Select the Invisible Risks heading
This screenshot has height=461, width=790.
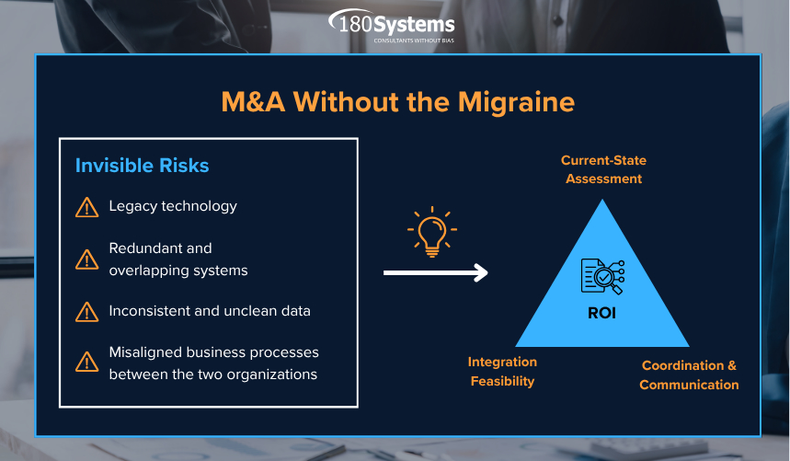coord(142,166)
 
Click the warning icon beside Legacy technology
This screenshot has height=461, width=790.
coord(86,207)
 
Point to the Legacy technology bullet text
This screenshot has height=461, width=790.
coord(173,206)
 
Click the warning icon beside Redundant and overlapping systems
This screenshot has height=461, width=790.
coord(86,259)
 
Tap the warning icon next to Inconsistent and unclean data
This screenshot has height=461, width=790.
coord(86,312)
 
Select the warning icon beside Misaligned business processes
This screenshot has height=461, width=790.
coord(86,363)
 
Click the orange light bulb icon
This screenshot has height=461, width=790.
coord(431,230)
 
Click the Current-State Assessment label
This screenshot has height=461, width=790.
coord(603,169)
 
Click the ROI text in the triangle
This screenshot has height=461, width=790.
coord(601,314)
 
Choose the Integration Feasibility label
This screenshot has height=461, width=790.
coord(502,372)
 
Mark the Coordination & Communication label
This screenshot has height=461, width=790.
coord(689,375)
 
